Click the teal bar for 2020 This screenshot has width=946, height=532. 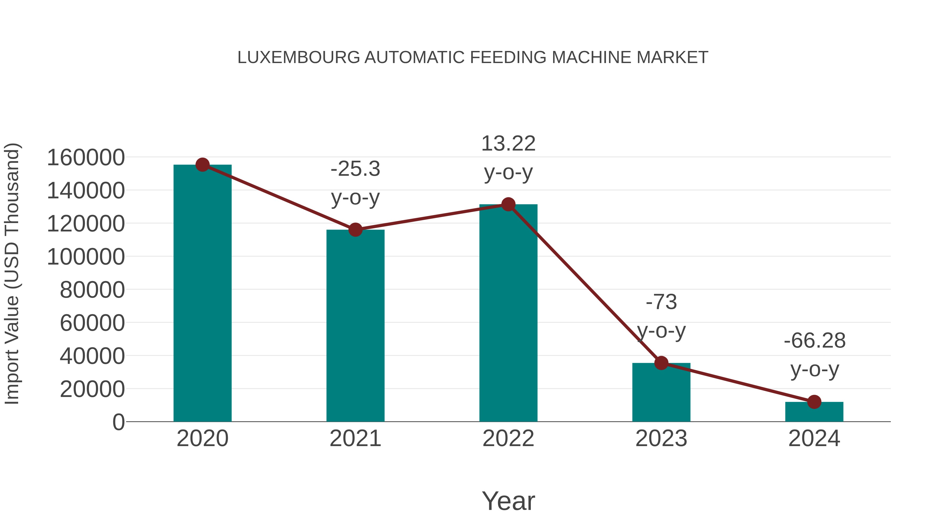[x=202, y=294]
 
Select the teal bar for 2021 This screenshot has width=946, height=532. [x=355, y=327]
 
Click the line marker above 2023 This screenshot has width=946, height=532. [x=661, y=363]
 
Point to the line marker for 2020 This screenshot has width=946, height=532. [x=202, y=165]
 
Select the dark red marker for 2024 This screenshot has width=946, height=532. [x=814, y=402]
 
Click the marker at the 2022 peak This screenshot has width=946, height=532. [x=508, y=204]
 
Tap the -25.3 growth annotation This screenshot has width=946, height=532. [x=355, y=169]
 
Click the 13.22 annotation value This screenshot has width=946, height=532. [x=508, y=143]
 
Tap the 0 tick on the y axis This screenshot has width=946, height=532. [x=118, y=422]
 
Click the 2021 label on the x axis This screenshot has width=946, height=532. [x=355, y=438]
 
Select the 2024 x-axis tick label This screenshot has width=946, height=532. [x=814, y=438]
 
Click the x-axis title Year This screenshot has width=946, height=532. [x=508, y=501]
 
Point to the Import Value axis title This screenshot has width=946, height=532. [x=12, y=273]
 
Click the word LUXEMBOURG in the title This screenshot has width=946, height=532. [x=299, y=58]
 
